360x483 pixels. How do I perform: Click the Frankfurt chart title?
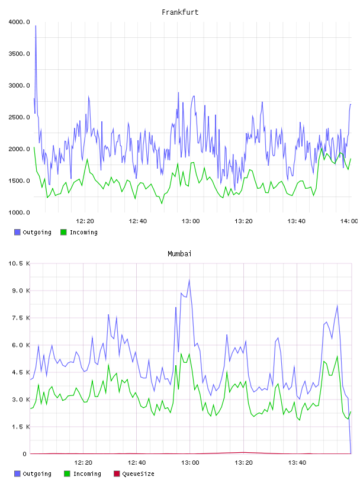pyautogui.click(x=180, y=12)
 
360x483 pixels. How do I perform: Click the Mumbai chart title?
pyautogui.click(x=179, y=254)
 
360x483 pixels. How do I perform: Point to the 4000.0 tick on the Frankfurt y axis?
pyautogui.click(x=19, y=22)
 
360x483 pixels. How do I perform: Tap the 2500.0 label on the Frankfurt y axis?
pyautogui.click(x=19, y=117)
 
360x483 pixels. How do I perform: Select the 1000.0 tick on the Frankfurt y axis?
pyautogui.click(x=19, y=212)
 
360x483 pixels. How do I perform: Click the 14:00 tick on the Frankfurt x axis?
pyautogui.click(x=349, y=221)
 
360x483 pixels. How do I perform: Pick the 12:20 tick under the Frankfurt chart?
pyautogui.click(x=85, y=221)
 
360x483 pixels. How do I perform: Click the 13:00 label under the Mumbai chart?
pyautogui.click(x=190, y=463)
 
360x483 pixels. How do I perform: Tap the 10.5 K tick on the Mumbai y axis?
pyautogui.click(x=19, y=263)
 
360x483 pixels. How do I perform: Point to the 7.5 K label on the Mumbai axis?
pyautogui.click(x=21, y=318)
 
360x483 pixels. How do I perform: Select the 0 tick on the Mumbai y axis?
pyautogui.click(x=25, y=454)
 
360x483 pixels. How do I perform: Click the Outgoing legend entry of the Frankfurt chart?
pyautogui.click(x=33, y=232)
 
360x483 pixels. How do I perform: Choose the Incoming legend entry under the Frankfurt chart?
pyautogui.click(x=79, y=232)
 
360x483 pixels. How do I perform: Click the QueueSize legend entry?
pyautogui.click(x=134, y=474)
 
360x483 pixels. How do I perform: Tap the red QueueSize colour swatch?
pyautogui.click(x=117, y=474)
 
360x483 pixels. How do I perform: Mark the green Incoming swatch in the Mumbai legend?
pyautogui.click(x=67, y=474)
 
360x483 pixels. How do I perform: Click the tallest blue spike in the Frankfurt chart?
pyautogui.click(x=36, y=26)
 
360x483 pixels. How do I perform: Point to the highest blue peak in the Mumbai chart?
pyautogui.click(x=189, y=280)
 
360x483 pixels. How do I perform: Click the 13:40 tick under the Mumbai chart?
pyautogui.click(x=297, y=463)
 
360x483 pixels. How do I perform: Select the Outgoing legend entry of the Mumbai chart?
pyautogui.click(x=33, y=474)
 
